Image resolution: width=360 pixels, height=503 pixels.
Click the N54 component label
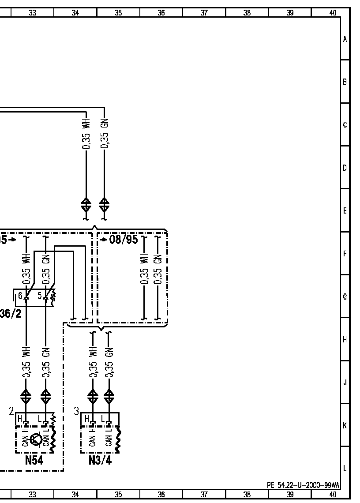(34, 461)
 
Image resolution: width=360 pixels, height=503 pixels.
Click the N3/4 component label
(100, 461)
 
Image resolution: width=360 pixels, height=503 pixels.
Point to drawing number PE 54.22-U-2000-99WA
(303, 485)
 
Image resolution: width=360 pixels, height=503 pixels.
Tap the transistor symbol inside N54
(37, 439)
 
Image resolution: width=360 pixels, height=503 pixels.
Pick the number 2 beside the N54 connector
(11, 411)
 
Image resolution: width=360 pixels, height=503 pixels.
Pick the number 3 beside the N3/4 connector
(76, 411)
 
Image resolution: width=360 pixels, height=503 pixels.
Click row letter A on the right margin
(345, 39)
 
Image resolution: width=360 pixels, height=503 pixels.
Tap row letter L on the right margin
(345, 468)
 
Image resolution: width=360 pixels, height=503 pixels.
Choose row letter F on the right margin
(345, 254)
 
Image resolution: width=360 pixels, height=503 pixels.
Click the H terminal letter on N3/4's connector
(87, 418)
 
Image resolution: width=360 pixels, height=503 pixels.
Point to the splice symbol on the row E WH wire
(86, 205)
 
